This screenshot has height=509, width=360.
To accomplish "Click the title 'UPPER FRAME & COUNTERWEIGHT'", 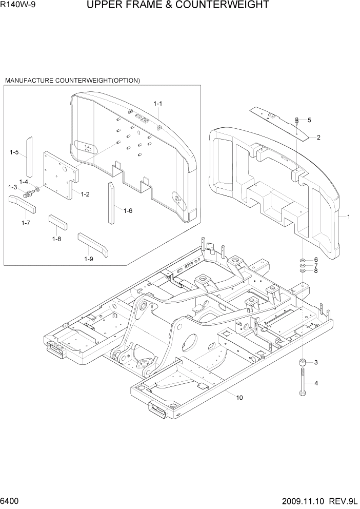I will (x=178, y=6).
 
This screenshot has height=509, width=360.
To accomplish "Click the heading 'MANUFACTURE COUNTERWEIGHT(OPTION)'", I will (x=72, y=81).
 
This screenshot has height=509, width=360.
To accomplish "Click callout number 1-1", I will (x=158, y=104).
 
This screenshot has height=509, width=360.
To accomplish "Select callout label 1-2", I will (x=85, y=194).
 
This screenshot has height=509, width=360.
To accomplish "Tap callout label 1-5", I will (x=14, y=152).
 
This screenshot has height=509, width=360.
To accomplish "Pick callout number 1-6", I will (x=128, y=210).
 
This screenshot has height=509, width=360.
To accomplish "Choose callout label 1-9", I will (x=89, y=259).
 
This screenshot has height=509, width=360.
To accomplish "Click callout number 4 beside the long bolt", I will (x=316, y=383).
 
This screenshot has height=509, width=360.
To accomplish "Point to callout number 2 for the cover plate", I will (x=318, y=137).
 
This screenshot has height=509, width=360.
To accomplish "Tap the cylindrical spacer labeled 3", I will (x=303, y=363).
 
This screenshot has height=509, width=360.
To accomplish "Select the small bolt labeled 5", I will (x=297, y=122).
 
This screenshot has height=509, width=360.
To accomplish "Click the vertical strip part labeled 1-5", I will (x=30, y=156).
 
